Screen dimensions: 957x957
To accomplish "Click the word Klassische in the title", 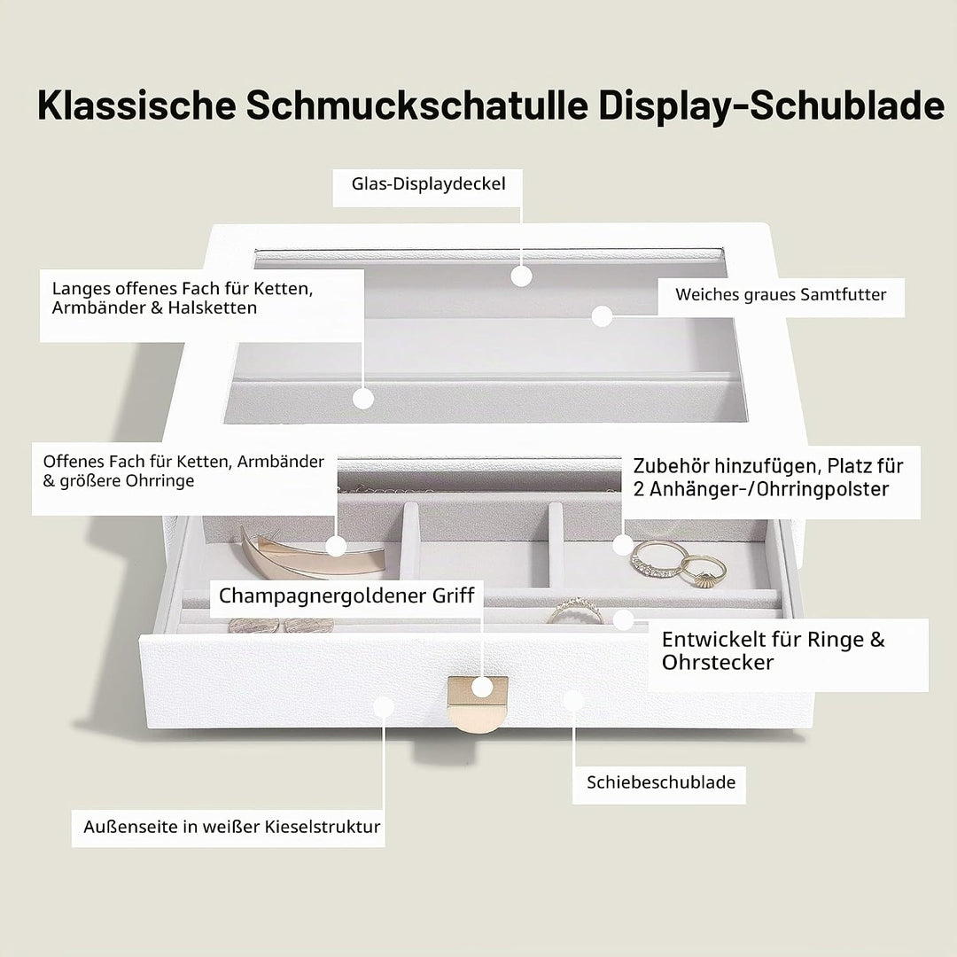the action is click(136, 105).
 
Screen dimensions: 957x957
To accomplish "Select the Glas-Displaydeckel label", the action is click(429, 183).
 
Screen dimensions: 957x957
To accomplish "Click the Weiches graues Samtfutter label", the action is click(781, 294).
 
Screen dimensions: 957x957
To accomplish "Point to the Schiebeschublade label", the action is click(661, 782).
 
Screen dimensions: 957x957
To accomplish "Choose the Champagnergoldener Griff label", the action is click(346, 595).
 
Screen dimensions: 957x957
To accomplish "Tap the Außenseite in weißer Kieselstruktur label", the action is click(232, 827).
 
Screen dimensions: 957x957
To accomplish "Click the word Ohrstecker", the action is click(718, 663).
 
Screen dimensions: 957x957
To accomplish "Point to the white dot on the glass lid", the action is click(521, 276).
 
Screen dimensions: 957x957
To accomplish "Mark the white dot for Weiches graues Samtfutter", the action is click(603, 316).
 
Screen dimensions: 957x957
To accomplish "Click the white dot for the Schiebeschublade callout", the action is click(573, 700).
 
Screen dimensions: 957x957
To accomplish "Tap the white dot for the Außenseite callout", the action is click(384, 707).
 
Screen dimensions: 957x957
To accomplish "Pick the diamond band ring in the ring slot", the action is click(575, 611).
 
